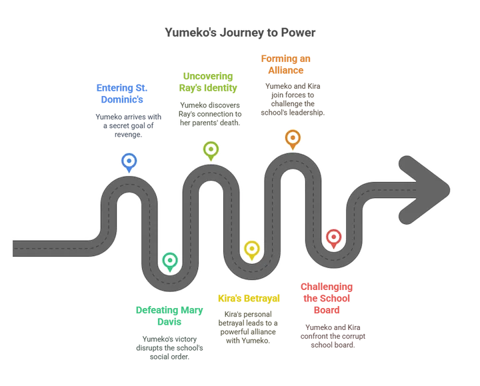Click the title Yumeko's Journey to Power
click(240, 33)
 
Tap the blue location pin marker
click(129, 163)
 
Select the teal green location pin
click(170, 262)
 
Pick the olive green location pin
click(211, 151)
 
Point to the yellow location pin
click(251, 251)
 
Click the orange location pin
click(293, 139)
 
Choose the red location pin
click(334, 239)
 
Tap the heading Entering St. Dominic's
click(122, 94)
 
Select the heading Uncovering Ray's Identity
click(208, 82)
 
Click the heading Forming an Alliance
click(285, 64)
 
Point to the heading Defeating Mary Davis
click(169, 316)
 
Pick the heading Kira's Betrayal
click(249, 299)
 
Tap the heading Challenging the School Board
click(327, 299)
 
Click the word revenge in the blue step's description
click(128, 135)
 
